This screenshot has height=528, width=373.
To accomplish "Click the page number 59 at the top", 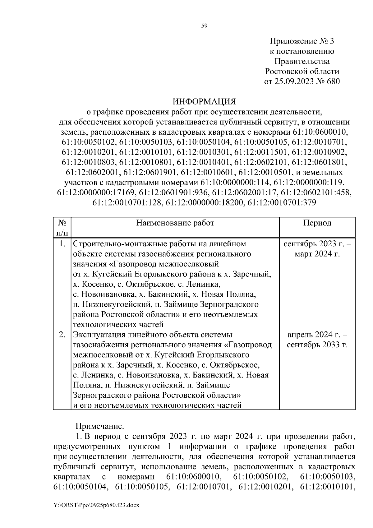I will tap(204, 26).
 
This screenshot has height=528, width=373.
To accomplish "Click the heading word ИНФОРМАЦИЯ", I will tap(204, 102).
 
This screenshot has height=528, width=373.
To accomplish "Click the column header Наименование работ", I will tap(175, 223).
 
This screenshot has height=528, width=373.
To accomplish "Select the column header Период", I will tap(317, 223).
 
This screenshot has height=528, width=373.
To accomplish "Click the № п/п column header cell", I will tap(62, 228).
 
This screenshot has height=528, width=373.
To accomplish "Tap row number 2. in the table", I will tap(62, 335).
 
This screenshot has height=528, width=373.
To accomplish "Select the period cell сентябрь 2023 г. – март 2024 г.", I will tap(317, 249).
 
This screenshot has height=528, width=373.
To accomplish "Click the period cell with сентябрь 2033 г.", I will tap(317, 345).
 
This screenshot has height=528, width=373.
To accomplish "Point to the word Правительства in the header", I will tap(302, 61).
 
